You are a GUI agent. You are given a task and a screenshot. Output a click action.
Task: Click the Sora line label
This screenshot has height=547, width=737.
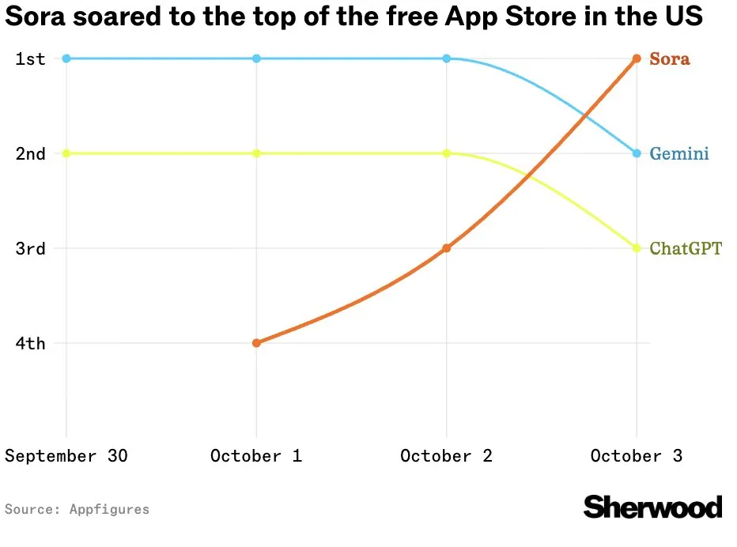point(669,59)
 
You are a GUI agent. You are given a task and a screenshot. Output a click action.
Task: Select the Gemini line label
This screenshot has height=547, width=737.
point(678,154)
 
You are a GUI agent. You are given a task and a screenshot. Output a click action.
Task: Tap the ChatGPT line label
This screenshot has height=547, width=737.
point(685,249)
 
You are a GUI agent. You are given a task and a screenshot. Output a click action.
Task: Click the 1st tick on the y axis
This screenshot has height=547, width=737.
point(30,58)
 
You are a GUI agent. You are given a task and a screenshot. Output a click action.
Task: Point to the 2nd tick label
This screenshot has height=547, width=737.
point(30,153)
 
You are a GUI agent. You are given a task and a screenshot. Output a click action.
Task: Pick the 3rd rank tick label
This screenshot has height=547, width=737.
point(30,248)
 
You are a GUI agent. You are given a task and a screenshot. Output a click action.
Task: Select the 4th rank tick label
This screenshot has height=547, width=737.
point(30,343)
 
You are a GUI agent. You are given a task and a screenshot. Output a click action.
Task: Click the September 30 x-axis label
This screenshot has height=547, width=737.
point(66,456)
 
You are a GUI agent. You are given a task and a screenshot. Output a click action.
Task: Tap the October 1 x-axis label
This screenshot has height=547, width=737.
point(256,456)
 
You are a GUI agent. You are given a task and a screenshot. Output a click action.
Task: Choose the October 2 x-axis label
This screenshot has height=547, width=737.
point(447,456)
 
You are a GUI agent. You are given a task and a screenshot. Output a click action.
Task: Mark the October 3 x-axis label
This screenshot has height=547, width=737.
point(637,456)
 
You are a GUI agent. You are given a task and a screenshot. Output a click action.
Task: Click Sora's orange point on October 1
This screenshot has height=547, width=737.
point(256,343)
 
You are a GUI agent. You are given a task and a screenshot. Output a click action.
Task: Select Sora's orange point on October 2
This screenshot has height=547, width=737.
point(447,248)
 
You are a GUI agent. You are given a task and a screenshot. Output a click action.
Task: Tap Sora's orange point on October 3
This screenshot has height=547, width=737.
point(637,58)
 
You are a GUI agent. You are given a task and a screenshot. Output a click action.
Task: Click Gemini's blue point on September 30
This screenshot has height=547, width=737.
point(66,58)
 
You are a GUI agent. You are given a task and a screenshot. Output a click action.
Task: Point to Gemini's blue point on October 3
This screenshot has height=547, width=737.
point(637,153)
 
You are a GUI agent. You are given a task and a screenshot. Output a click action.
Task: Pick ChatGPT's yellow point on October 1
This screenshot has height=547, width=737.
point(256,153)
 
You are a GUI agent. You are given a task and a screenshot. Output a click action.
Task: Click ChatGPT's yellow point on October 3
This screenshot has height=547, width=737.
point(637,248)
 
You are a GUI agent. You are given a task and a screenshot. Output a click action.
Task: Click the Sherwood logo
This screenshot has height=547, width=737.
point(652,507)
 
